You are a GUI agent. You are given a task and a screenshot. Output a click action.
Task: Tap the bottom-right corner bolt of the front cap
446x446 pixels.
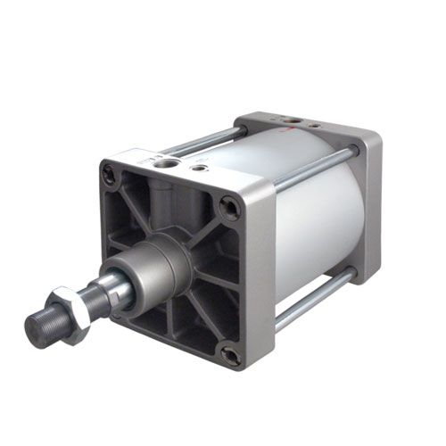point(230,355)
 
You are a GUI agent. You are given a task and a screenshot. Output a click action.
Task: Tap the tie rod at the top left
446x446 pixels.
point(201,138)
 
